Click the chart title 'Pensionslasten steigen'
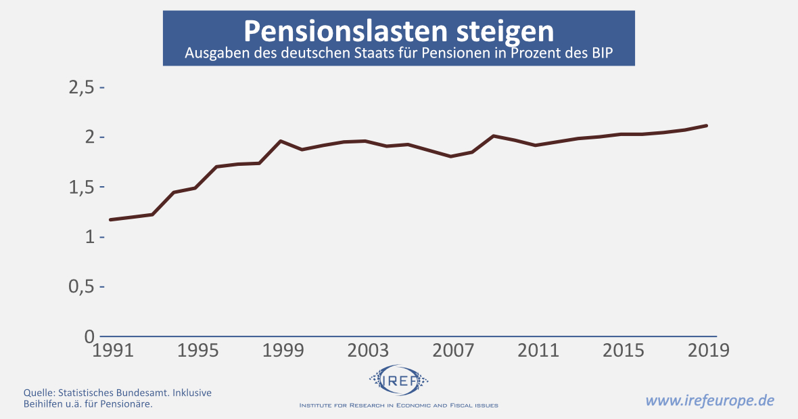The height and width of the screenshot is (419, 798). pos(398,31)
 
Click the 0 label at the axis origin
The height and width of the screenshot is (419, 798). pos(89,336)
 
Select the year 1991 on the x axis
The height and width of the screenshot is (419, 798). pos(111,351)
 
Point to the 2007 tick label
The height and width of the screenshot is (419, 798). pos(451,351)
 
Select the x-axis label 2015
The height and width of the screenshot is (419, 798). pos(621,351)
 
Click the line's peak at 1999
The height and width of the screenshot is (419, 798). pos(281,141)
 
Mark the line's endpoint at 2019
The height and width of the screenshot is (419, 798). pos(706,125)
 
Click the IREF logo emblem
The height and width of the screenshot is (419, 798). pos(399,379)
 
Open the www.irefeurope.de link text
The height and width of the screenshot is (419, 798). pos(709,400)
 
